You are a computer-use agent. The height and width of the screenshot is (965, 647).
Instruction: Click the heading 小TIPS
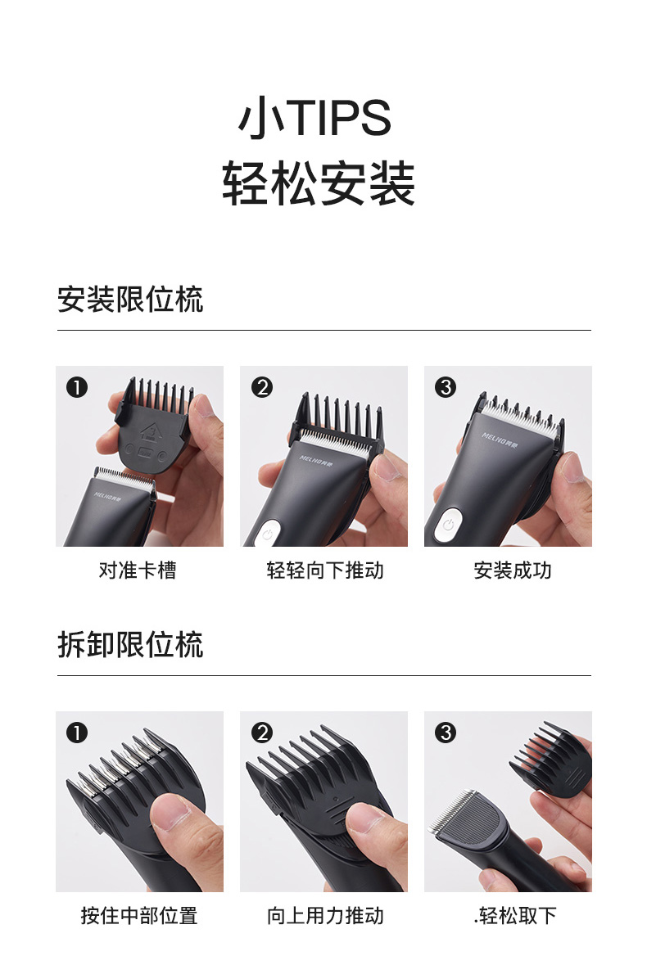tap(315, 117)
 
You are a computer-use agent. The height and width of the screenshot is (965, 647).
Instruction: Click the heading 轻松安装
tap(319, 183)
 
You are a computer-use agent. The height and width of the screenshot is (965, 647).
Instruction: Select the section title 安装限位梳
tap(130, 300)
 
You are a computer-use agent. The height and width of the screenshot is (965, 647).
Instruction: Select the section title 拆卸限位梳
tap(130, 644)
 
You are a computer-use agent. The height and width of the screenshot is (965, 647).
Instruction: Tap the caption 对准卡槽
tap(138, 570)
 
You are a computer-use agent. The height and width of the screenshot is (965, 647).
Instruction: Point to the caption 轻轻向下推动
tap(325, 570)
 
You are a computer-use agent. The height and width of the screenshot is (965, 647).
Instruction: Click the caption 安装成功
tap(512, 570)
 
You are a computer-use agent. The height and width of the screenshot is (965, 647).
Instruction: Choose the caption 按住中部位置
tap(139, 915)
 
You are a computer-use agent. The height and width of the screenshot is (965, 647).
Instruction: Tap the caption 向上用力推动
tap(325, 915)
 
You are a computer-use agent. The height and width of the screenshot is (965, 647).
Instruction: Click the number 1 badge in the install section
tap(77, 388)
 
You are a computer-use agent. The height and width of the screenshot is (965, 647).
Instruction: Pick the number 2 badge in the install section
tap(261, 388)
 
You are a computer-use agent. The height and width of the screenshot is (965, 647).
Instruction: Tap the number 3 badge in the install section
tap(446, 388)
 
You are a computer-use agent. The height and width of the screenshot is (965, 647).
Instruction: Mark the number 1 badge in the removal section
tap(77, 733)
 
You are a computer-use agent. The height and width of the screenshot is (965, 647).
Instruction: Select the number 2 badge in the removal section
tap(261, 733)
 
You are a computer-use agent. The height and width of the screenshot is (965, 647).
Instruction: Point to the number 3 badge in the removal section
tap(446, 733)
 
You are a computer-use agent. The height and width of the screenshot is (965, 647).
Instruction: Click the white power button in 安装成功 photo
tap(448, 525)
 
